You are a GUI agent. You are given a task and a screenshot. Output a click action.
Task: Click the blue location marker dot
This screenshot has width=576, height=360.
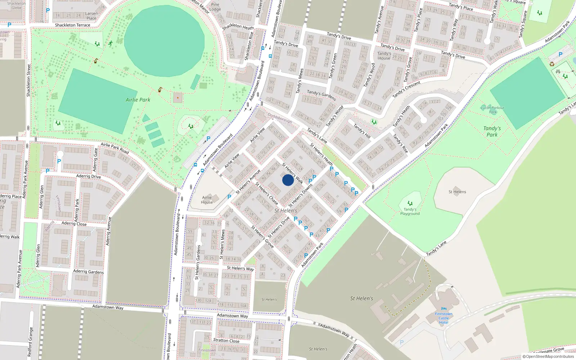point(288,180)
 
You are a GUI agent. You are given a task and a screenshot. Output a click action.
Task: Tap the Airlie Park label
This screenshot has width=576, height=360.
point(138,100)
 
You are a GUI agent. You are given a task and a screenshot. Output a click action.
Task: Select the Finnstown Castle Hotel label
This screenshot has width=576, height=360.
point(444,318)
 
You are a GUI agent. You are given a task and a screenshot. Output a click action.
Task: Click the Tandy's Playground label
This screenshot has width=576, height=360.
point(410,211)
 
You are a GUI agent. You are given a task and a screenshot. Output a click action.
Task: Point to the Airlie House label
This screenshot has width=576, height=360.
point(207,200)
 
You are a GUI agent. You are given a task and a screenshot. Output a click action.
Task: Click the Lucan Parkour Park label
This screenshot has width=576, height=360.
point(492,109)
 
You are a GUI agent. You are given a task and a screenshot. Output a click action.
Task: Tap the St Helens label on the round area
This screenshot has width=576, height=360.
point(457,192)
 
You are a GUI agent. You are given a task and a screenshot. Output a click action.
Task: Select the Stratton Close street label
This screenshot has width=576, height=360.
point(226,340)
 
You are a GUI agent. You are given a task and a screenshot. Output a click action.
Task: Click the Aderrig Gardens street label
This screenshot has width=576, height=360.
point(88,271)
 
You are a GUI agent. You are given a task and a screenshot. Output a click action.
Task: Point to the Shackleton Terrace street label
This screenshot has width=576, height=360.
point(72,25)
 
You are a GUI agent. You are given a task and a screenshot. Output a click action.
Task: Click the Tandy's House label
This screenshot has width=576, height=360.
point(384,56)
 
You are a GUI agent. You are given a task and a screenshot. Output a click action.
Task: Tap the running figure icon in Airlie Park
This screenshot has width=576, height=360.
point(111,44)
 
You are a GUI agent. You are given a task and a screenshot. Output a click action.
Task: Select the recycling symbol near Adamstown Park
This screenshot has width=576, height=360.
point(552,64)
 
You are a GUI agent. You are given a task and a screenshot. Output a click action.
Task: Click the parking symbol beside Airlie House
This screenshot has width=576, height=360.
point(229,197)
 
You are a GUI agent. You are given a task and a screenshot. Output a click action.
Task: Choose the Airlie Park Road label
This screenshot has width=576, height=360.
point(114,148)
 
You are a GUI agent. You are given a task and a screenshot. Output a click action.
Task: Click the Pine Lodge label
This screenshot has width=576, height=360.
point(215,7)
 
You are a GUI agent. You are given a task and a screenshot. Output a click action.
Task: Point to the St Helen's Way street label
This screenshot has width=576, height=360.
point(240,268)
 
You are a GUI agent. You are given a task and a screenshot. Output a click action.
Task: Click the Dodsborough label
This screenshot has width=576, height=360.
point(280,118)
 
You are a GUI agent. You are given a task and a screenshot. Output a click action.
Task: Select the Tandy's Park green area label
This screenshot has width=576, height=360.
point(492,131)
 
